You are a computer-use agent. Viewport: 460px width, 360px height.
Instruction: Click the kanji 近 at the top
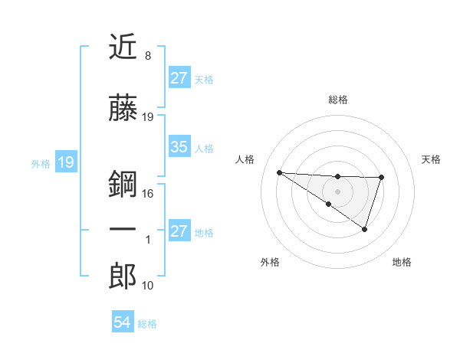click(123, 47)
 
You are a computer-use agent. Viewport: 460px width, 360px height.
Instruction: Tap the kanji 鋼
click(123, 185)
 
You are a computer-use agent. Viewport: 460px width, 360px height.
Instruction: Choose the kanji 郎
click(123, 277)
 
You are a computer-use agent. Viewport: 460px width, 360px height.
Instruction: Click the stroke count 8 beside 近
click(148, 56)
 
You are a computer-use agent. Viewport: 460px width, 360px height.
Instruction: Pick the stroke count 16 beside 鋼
click(148, 194)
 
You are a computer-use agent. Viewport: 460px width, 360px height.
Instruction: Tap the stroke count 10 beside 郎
click(148, 286)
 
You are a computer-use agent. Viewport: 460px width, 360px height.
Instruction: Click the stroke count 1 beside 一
click(148, 240)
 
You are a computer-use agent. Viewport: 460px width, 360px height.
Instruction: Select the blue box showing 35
click(179, 147)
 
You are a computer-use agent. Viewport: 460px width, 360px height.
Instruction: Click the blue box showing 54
click(122, 323)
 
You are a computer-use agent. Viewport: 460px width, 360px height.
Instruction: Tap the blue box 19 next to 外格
click(65, 162)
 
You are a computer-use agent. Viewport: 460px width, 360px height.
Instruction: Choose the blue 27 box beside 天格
click(179, 78)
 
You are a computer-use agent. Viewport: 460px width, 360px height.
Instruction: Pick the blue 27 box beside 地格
click(179, 231)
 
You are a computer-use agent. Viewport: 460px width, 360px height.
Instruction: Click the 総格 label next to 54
click(147, 324)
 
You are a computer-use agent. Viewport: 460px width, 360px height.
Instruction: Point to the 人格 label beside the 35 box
click(204, 148)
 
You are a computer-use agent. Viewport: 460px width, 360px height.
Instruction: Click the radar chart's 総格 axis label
click(337, 100)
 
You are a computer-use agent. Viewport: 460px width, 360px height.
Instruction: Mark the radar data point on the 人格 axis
click(279, 172)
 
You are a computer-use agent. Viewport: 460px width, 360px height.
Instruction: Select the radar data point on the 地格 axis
click(365, 229)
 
